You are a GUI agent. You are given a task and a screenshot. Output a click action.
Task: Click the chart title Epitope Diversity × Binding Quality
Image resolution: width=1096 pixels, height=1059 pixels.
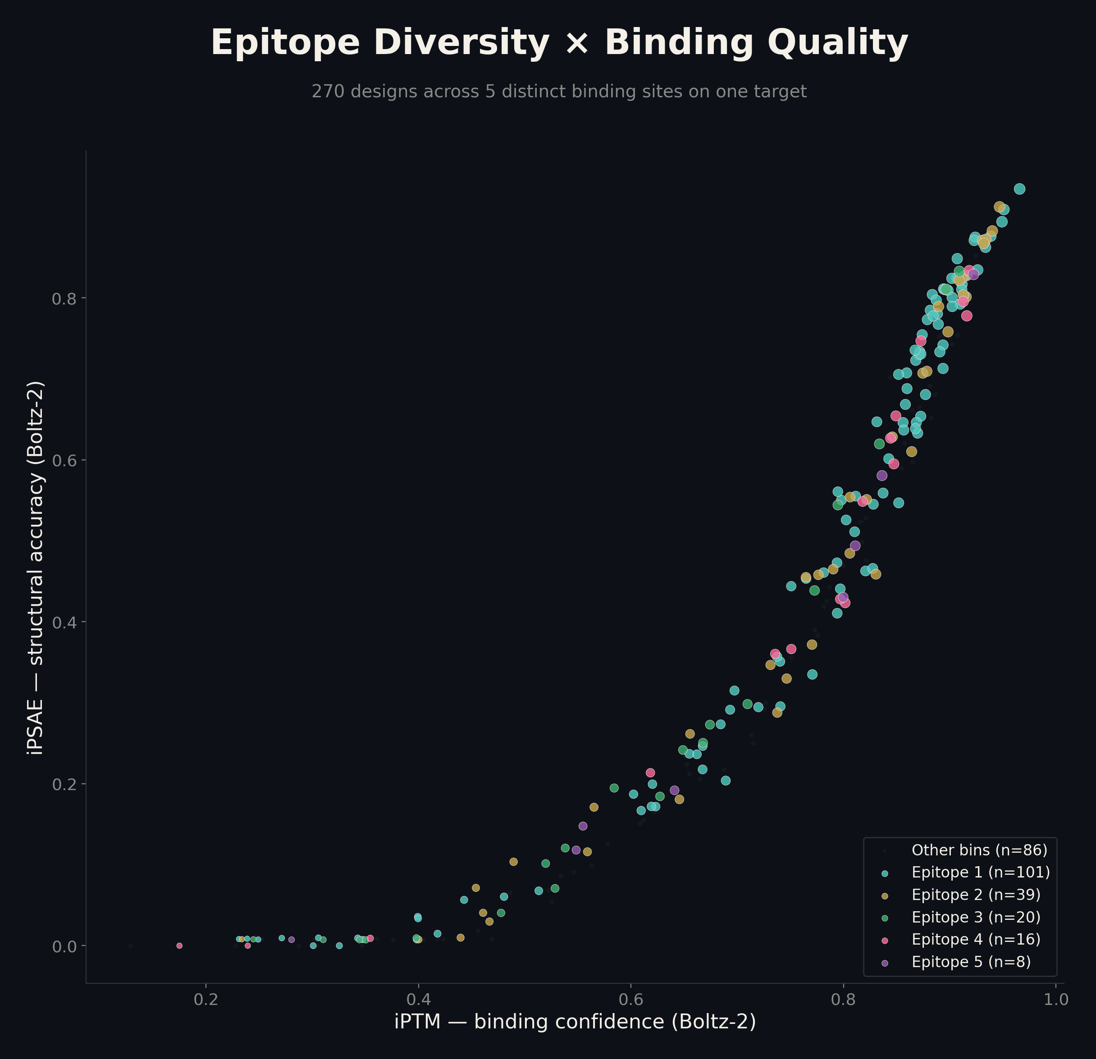click(x=559, y=42)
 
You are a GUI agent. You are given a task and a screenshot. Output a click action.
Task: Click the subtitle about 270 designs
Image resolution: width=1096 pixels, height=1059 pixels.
click(x=559, y=91)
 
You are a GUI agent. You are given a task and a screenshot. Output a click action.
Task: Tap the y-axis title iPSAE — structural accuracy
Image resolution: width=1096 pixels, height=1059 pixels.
click(x=35, y=567)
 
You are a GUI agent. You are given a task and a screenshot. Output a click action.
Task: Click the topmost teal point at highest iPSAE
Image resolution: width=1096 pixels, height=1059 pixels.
click(x=1019, y=189)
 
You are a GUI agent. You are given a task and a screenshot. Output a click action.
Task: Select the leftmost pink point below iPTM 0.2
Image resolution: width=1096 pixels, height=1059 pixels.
click(x=179, y=945)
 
